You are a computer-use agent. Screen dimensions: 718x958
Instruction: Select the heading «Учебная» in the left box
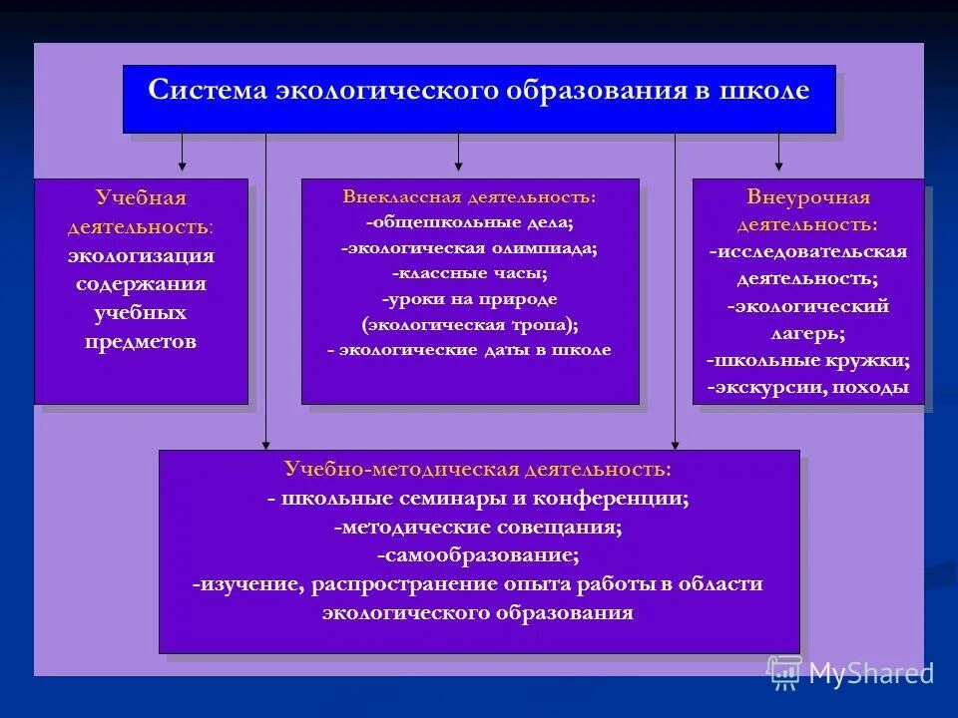point(141,197)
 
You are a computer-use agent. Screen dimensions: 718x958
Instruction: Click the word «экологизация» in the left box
point(141,255)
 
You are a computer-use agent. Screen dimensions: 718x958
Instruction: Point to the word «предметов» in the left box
point(141,342)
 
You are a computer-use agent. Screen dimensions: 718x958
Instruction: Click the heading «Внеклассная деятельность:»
point(469,196)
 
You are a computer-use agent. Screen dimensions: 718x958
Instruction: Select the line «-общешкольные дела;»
point(469,222)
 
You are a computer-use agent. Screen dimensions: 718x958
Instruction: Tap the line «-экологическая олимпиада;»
point(469,248)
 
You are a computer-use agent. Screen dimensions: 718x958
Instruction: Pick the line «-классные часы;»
point(469,273)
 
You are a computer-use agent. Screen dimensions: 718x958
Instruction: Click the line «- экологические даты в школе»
point(469,350)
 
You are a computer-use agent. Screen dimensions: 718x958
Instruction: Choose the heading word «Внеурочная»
point(808,196)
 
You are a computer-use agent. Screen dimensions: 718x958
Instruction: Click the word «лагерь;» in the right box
point(808,333)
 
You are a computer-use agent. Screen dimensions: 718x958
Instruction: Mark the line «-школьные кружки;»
point(808,360)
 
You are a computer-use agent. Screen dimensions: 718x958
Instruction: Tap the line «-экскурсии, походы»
point(808,387)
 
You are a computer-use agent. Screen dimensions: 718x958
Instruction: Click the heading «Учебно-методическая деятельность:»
point(478,469)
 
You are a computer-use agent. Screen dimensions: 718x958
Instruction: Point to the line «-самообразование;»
point(478,554)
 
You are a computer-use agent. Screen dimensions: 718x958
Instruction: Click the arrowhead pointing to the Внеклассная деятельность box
point(458,165)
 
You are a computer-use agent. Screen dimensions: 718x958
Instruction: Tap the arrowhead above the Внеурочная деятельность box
point(779,165)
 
